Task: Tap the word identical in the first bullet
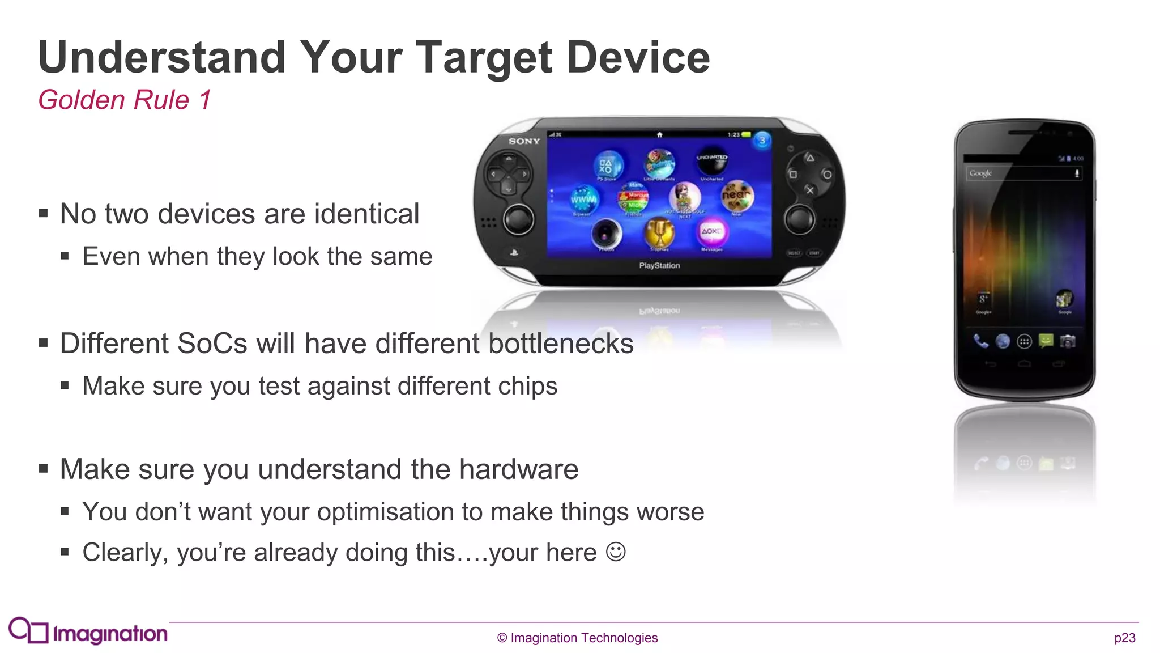coord(366,214)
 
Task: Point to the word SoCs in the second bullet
coord(210,344)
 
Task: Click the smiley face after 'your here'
coord(616,552)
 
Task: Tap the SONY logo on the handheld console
coord(524,141)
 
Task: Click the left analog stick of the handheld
coord(518,219)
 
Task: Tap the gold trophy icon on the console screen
coord(659,232)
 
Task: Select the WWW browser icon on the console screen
coord(583,200)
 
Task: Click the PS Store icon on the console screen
coord(607,165)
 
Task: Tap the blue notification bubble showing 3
coord(762,140)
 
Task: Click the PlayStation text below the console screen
coord(659,265)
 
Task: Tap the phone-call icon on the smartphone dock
coord(980,341)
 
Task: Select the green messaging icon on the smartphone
coord(1046,341)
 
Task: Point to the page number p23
coord(1124,638)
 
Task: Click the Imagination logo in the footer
coord(88,631)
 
